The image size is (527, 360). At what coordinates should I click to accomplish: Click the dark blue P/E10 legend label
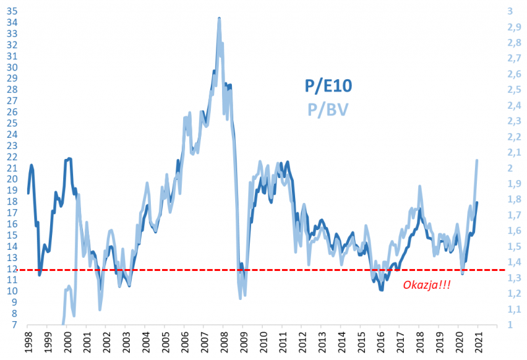tap(328, 86)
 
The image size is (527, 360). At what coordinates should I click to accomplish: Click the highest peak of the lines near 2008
tap(219, 18)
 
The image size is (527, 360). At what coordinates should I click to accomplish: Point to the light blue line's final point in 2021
tap(476, 160)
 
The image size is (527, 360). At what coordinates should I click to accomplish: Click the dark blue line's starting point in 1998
tap(28, 193)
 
